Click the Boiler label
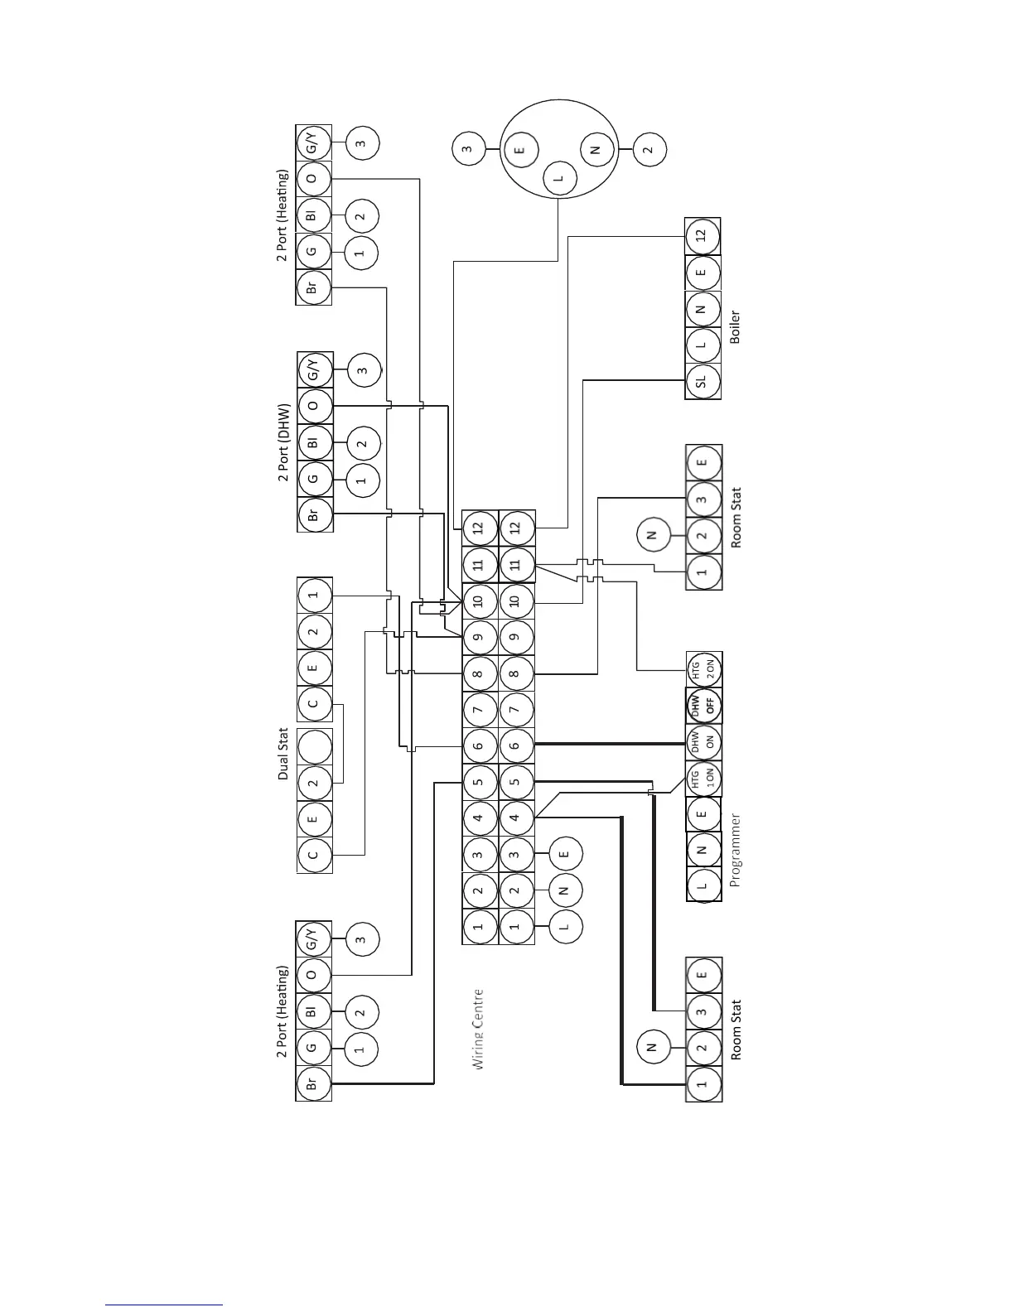(x=735, y=326)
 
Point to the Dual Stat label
(x=283, y=754)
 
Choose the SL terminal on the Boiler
(x=703, y=381)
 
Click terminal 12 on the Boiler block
(x=703, y=236)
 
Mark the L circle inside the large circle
(x=558, y=178)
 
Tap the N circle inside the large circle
(x=595, y=150)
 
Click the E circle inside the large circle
(x=520, y=150)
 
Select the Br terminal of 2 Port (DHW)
(x=313, y=514)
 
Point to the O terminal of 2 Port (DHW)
(x=313, y=406)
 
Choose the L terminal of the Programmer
(x=703, y=885)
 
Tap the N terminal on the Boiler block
(x=703, y=309)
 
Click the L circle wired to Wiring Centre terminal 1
(x=565, y=927)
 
